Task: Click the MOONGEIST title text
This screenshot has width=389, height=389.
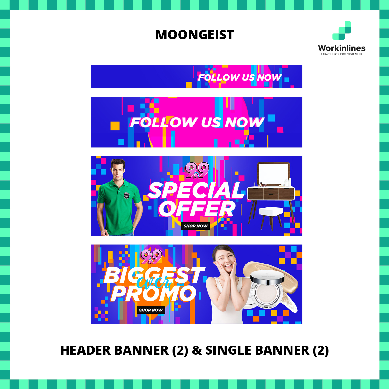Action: [194, 35]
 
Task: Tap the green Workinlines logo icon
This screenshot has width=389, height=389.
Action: [342, 31]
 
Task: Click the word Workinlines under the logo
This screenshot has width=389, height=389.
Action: [342, 48]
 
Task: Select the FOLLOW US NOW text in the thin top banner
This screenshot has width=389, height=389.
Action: [239, 77]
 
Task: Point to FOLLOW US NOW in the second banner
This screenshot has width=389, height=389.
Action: [197, 123]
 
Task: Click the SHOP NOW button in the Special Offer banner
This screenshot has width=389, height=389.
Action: [196, 226]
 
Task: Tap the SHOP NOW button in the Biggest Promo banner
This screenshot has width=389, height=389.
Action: [151, 310]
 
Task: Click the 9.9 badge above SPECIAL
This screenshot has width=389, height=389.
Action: [197, 171]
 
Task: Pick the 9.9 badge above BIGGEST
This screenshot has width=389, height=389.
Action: [152, 256]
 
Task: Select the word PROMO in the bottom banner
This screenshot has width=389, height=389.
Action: [153, 293]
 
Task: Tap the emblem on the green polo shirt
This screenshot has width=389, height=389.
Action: [126, 196]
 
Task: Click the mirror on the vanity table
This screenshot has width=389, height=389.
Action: [273, 173]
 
